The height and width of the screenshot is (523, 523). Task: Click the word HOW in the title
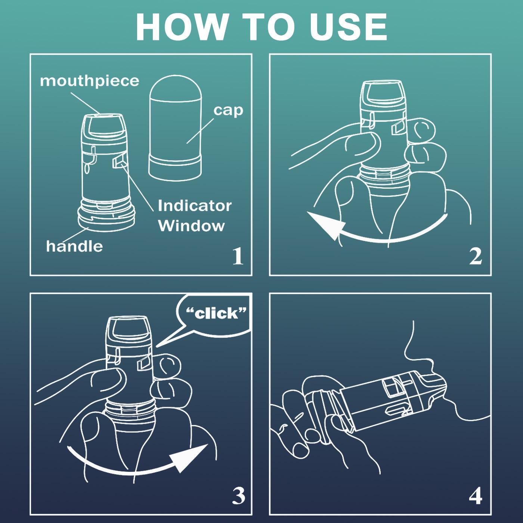point(182,27)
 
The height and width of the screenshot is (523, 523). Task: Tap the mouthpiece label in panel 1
point(90,81)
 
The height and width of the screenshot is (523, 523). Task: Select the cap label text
point(228,111)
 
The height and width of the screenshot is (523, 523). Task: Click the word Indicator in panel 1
point(195,206)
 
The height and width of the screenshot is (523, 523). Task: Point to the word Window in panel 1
point(192,226)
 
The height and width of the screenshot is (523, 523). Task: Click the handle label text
point(74,246)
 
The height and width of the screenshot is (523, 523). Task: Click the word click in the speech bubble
point(216,313)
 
